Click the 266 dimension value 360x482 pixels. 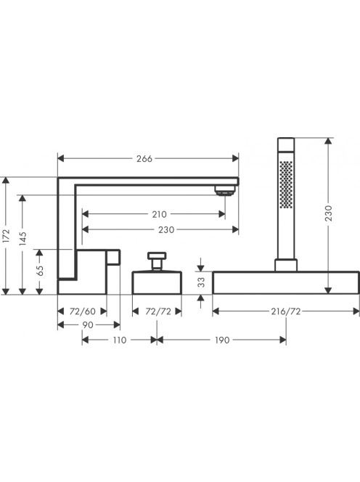[144, 159]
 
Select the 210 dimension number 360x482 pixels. [159, 214]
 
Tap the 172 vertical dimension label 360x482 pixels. [6, 235]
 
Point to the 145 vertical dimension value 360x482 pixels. [22, 239]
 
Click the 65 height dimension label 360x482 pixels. [40, 271]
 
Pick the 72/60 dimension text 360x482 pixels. [83, 311]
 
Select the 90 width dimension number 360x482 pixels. [88, 325]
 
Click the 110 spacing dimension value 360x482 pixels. [120, 340]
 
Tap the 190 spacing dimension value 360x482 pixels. [222, 340]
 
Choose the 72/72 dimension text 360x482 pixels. [158, 311]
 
